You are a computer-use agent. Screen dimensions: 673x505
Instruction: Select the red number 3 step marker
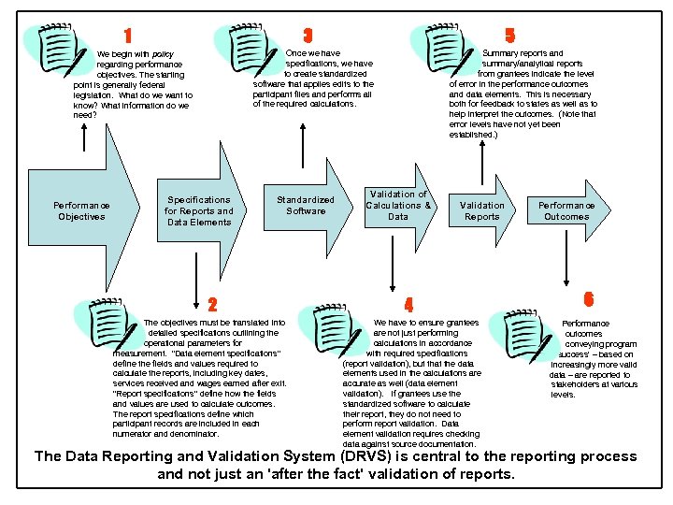pos(308,35)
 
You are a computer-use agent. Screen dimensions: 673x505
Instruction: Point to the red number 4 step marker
pos(408,304)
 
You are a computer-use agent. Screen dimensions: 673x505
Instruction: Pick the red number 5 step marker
pos(509,35)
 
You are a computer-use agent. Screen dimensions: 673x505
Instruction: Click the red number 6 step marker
pos(588,299)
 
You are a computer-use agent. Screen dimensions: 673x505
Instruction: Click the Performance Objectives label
pos(81,210)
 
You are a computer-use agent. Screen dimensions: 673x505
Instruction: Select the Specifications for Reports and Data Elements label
pos(199,210)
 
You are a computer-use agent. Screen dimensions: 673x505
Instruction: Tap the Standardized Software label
pos(306,205)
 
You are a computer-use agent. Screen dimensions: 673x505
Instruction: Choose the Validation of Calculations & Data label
pos(398,205)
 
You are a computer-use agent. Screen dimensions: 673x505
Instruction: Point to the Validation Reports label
pos(482,210)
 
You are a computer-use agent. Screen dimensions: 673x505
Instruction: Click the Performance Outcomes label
pos(566,210)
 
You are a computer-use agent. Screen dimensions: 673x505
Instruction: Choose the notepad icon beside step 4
pos(334,330)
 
